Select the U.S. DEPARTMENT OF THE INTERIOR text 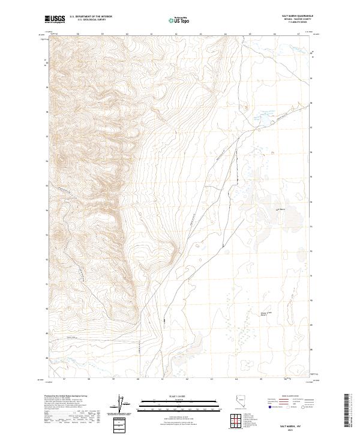[x=91, y=17]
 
